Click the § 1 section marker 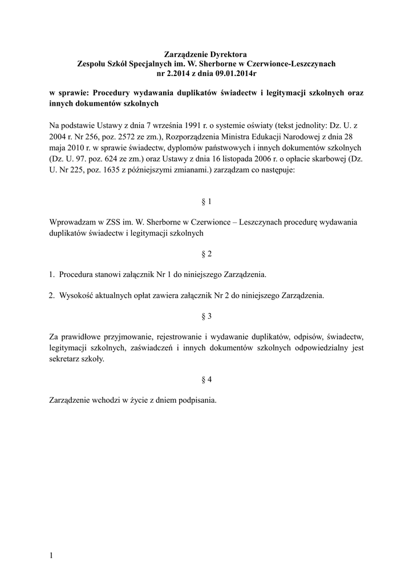206,202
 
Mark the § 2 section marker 206,254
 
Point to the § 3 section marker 206,316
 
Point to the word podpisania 196,400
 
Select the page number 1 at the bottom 51,555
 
